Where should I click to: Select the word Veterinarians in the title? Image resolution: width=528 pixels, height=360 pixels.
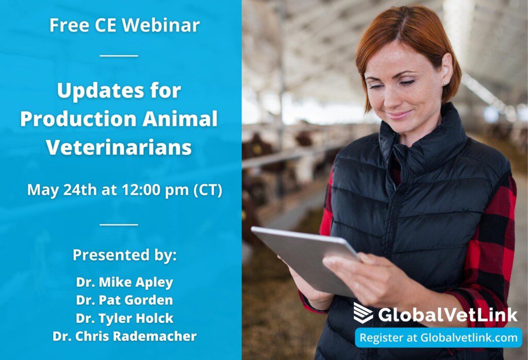(119, 147)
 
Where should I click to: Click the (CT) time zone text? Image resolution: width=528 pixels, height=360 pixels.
(207, 190)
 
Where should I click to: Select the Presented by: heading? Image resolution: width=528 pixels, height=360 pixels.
(124, 255)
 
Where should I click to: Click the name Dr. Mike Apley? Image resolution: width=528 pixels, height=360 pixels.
(124, 282)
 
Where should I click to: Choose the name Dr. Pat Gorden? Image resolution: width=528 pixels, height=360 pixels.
(124, 300)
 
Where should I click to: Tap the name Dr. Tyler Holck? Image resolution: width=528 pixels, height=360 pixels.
(124, 318)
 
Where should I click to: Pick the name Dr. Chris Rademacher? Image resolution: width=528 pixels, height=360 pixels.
(124, 336)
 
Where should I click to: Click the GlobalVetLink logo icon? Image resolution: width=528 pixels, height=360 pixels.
(363, 313)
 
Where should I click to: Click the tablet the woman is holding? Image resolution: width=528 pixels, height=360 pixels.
(304, 258)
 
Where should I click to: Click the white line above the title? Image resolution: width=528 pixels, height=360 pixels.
(119, 55)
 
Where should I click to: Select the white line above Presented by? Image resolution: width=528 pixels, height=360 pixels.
(119, 224)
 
